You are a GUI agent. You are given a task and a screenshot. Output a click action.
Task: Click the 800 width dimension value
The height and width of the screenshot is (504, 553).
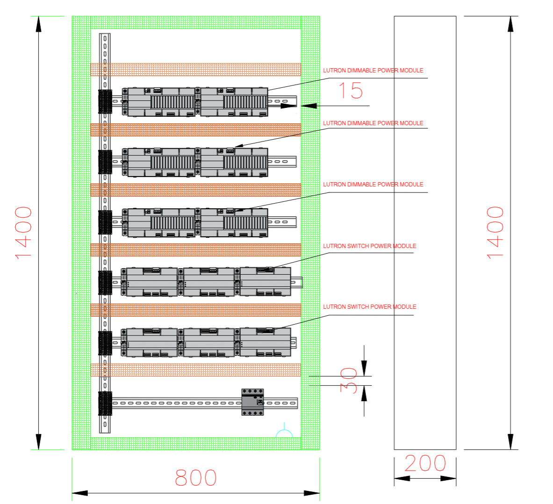196,478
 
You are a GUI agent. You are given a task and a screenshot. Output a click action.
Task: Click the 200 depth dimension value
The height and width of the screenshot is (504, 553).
425,463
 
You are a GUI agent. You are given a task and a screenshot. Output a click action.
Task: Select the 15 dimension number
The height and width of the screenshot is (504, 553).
351,91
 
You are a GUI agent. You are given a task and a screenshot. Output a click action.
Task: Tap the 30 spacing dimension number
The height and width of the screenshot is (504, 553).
349,380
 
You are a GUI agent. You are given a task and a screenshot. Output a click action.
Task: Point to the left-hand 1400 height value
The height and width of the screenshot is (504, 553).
23,232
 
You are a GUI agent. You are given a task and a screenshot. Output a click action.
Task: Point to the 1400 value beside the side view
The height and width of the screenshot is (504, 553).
495,232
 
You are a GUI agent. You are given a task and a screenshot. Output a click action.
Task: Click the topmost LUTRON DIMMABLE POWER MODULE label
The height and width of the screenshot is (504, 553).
373,71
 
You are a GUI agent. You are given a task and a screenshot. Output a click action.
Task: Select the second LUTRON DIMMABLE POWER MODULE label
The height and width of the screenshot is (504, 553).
373,123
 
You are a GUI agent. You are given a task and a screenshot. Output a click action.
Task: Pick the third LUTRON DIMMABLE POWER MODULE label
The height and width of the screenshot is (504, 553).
373,185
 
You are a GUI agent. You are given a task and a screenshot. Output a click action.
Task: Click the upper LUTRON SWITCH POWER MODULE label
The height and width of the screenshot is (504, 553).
369,246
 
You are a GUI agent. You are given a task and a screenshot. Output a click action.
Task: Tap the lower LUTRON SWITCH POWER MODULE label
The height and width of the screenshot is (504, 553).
369,307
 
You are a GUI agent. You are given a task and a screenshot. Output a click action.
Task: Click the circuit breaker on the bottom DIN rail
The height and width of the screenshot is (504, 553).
253,402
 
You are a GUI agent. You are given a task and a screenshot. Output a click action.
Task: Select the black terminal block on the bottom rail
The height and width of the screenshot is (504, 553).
105,404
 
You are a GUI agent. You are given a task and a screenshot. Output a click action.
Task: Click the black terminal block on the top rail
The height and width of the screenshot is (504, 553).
105,101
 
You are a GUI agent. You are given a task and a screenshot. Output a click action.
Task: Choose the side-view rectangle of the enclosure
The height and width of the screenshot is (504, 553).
425,233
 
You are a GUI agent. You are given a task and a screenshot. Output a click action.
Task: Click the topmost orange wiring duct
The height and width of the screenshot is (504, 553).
195,70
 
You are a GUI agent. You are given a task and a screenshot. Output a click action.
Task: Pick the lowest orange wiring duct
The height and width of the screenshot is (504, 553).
195,370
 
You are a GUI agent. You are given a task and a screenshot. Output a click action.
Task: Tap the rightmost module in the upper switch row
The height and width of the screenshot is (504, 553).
265,282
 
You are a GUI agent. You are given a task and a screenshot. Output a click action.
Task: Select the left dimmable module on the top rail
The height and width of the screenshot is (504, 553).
159,101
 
